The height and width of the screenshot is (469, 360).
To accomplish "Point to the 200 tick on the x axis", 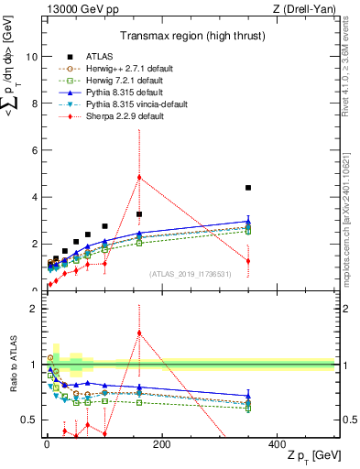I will click(162, 442).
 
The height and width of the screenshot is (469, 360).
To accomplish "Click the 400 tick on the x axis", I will click(278, 442).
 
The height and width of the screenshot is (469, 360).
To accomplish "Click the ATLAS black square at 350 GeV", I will click(248, 188).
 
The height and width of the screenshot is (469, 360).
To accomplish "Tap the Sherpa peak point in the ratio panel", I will click(139, 333).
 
